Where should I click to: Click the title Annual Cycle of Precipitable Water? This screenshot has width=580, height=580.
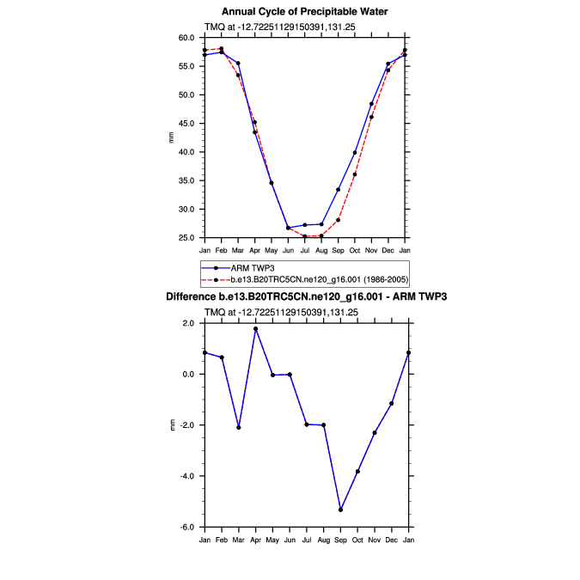[x=305, y=11]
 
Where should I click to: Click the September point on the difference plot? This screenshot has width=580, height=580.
[x=341, y=510]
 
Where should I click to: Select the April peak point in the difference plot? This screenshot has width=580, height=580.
[x=255, y=329]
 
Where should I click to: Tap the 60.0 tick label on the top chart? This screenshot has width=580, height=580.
[x=187, y=38]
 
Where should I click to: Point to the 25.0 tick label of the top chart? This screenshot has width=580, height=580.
[x=187, y=237]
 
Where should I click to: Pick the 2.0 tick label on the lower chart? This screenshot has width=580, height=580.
[x=189, y=323]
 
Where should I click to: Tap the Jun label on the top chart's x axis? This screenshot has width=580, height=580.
[x=289, y=249]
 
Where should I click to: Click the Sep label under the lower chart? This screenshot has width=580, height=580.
[x=340, y=539]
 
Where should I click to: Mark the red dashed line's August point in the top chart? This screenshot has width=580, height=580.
[x=321, y=235]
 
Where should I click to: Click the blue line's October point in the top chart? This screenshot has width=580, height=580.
[x=355, y=153]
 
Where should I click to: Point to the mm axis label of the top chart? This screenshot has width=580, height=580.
[x=171, y=137]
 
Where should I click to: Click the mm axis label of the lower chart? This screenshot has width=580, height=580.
[x=171, y=425]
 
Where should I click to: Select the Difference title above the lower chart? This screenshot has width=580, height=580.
[x=305, y=296]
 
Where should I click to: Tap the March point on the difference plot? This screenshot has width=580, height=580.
[x=238, y=427]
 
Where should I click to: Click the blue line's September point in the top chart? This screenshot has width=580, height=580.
[x=339, y=190]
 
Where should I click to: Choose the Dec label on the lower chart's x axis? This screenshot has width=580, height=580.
[x=391, y=539]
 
